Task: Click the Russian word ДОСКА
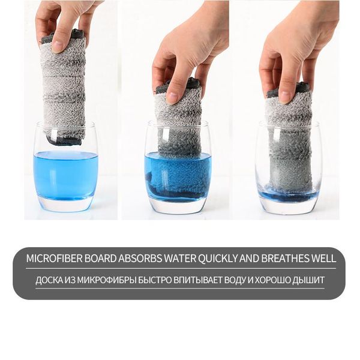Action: point(50,280)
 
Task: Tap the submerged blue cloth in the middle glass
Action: point(177,177)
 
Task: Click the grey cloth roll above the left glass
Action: point(63,84)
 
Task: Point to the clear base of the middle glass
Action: point(178,207)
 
